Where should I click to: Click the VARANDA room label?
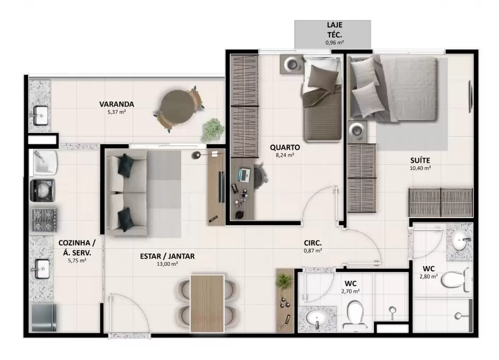pos(117,104)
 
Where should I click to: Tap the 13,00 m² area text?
pos(167,264)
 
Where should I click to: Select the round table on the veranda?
pos(177,106)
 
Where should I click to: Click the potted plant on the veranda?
pos(212,129)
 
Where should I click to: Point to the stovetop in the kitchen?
pos(45,219)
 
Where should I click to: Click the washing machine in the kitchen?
pos(42,191)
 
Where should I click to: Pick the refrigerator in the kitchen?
pos(43,318)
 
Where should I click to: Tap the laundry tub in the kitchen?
pos(44,162)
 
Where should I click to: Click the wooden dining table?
pos(207,303)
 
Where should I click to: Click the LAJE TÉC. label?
pos(334,30)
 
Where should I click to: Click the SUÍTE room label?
pos(420,160)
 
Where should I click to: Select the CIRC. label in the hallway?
pos(313,244)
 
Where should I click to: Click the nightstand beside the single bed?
pos(292,64)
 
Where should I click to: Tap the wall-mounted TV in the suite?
pos(470,96)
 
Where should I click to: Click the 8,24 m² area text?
pos(285,155)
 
